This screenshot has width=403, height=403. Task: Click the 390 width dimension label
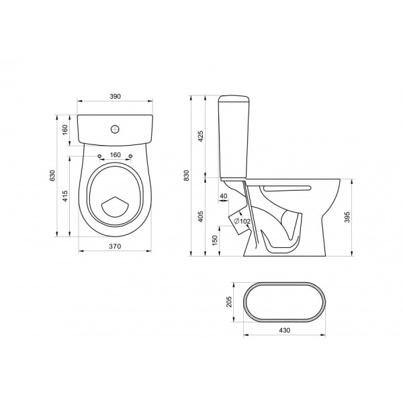[x=115, y=97]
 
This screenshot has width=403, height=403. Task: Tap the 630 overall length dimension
[x=52, y=175]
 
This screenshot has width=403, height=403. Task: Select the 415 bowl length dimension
[x=65, y=196]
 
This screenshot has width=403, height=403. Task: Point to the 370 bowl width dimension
[x=115, y=247]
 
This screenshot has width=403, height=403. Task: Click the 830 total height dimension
[x=187, y=175]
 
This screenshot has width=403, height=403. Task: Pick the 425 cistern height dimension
[x=201, y=136]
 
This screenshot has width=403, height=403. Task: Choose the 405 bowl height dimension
[x=201, y=217]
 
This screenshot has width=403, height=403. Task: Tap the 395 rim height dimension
[x=347, y=217]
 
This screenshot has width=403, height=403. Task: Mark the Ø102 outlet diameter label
[x=242, y=221]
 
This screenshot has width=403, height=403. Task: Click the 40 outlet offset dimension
[x=224, y=196]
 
